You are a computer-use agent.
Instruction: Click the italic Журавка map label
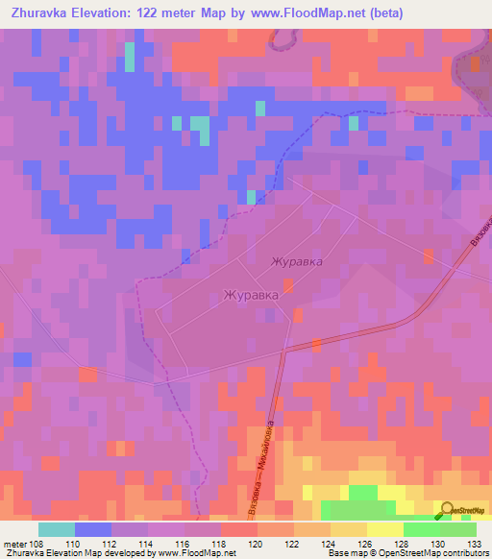tap(296, 261)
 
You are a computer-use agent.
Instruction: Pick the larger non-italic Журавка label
tap(251, 296)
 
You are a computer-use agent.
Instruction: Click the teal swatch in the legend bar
tap(57, 529)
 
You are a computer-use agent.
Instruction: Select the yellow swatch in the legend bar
tap(385, 529)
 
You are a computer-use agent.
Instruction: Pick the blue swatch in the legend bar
tap(93, 529)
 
